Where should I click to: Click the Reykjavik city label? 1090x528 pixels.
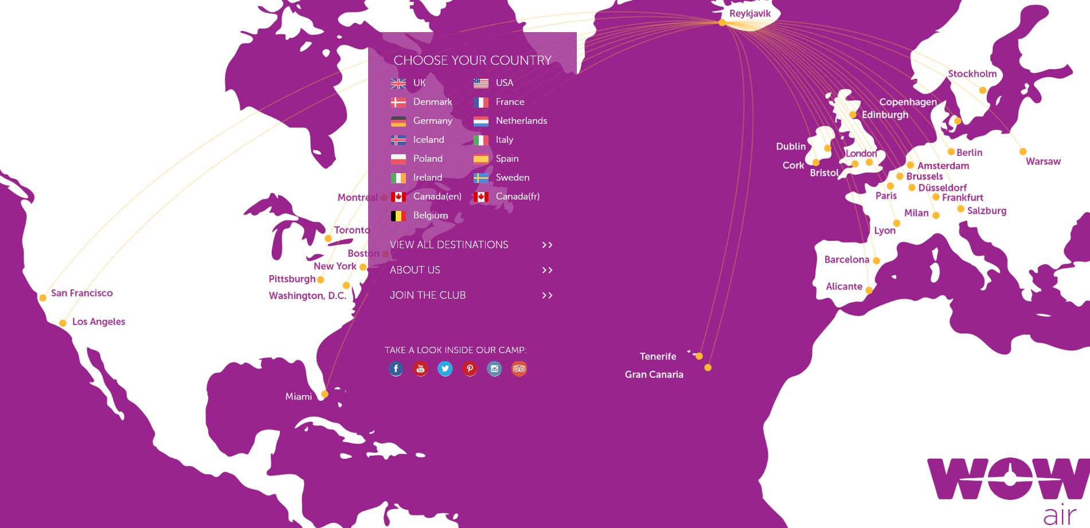click(749, 14)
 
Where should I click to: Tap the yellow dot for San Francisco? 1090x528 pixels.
click(43, 298)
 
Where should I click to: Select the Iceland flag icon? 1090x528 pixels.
click(398, 140)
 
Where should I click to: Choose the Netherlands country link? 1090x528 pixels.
click(521, 121)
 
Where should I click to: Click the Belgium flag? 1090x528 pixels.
click(398, 216)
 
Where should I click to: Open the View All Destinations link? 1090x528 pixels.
click(449, 245)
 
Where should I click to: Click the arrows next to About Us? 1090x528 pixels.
click(547, 270)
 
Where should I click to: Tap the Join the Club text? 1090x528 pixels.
click(428, 295)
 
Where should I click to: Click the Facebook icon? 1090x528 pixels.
click(396, 369)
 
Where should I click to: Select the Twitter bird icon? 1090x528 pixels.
click(445, 369)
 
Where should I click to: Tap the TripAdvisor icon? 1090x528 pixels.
click(519, 369)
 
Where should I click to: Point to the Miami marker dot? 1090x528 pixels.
click(325, 394)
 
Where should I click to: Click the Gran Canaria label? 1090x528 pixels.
click(654, 374)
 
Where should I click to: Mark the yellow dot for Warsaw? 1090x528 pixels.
click(1023, 152)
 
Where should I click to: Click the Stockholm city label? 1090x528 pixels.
click(972, 74)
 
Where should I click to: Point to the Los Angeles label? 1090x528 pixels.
click(99, 322)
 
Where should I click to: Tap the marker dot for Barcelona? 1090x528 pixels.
click(876, 261)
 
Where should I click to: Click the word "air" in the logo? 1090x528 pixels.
click(1060, 515)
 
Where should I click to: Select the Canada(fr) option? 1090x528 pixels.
click(517, 197)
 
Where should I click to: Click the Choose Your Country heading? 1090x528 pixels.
click(472, 60)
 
